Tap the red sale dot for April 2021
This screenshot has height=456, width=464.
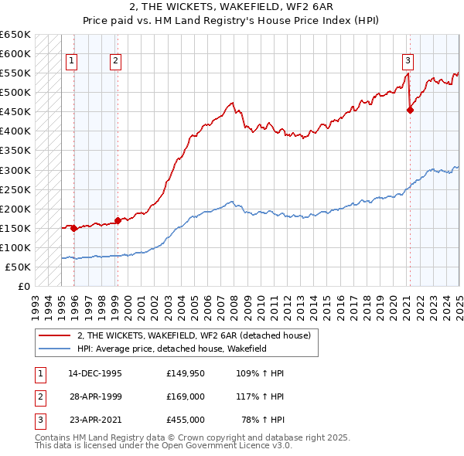(x=410, y=110)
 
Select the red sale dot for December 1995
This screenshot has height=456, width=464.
(x=73, y=228)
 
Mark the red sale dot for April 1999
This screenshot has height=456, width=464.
(x=118, y=220)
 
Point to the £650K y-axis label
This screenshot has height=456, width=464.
(x=15, y=35)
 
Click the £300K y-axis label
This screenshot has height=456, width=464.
(x=15, y=170)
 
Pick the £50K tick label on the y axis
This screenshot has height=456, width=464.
(x=18, y=267)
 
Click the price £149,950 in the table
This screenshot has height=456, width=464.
(x=185, y=373)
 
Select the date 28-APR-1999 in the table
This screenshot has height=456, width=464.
(x=95, y=396)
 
